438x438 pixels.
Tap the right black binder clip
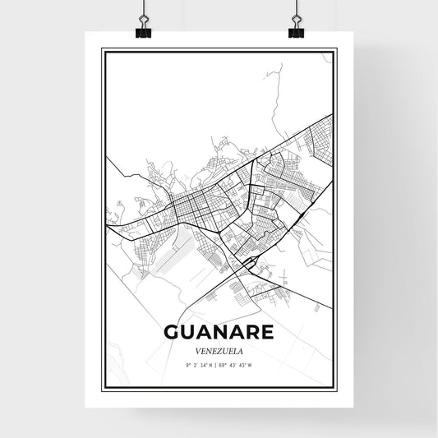[296, 30]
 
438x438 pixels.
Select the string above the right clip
[296, 10]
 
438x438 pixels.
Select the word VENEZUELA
[219, 348]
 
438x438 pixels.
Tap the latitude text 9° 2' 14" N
[201, 364]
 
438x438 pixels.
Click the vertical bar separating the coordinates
[218, 364]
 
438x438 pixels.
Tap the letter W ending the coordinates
[251, 364]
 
